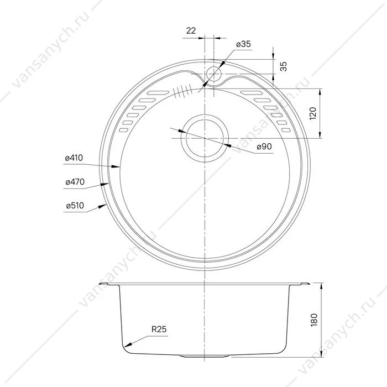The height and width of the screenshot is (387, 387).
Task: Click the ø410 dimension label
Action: point(74,158)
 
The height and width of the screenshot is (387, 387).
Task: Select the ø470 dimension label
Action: point(75,182)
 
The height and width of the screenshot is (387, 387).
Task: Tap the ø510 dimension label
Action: point(75,206)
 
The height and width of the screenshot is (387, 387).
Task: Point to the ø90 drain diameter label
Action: point(264,147)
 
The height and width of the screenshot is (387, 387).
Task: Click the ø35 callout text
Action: point(243,44)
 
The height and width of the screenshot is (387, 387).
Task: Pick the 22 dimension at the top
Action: point(191,31)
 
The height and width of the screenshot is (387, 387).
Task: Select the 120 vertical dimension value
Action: point(313,113)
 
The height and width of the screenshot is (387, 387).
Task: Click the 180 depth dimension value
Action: point(314,320)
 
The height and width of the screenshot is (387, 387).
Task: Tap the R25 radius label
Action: point(159,329)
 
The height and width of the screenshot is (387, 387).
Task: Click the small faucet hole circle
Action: point(214,74)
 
